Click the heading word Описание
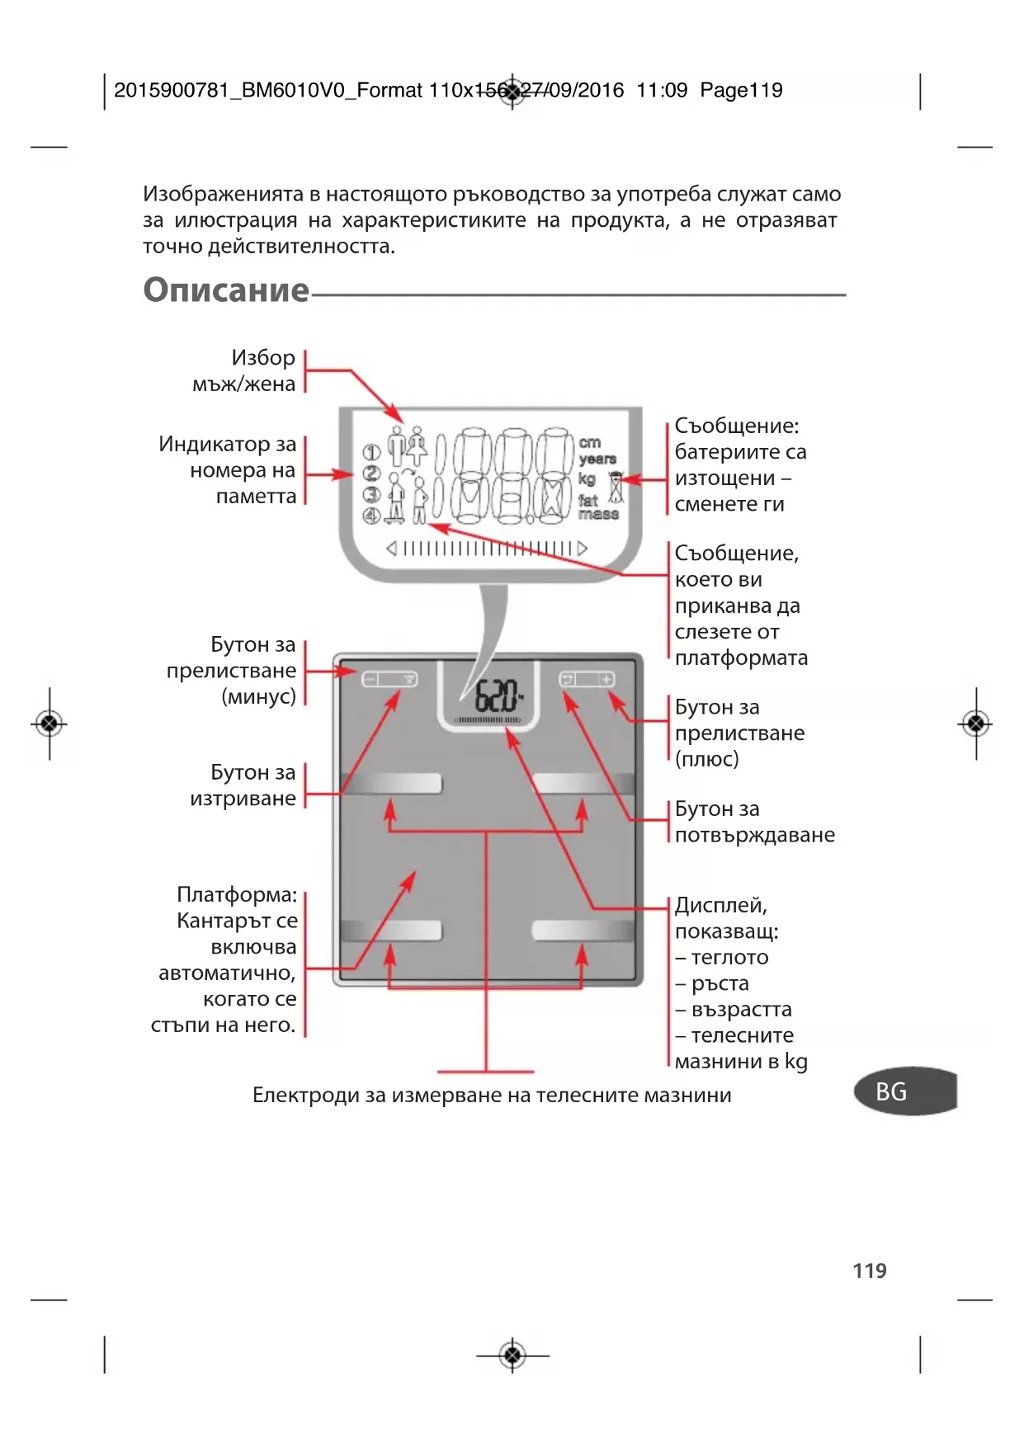click(226, 290)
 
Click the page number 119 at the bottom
click(869, 1270)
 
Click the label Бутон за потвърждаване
click(753, 822)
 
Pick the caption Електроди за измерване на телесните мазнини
click(492, 1096)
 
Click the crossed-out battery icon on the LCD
click(616, 488)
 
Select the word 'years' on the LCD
click(597, 459)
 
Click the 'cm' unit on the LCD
click(589, 443)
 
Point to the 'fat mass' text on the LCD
click(597, 507)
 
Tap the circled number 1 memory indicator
click(371, 452)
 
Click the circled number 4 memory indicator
click(371, 516)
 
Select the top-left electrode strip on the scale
click(393, 783)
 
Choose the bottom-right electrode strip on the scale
click(582, 931)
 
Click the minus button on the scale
click(370, 679)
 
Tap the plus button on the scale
click(606, 679)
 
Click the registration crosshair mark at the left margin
click(50, 724)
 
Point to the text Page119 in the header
click(741, 91)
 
